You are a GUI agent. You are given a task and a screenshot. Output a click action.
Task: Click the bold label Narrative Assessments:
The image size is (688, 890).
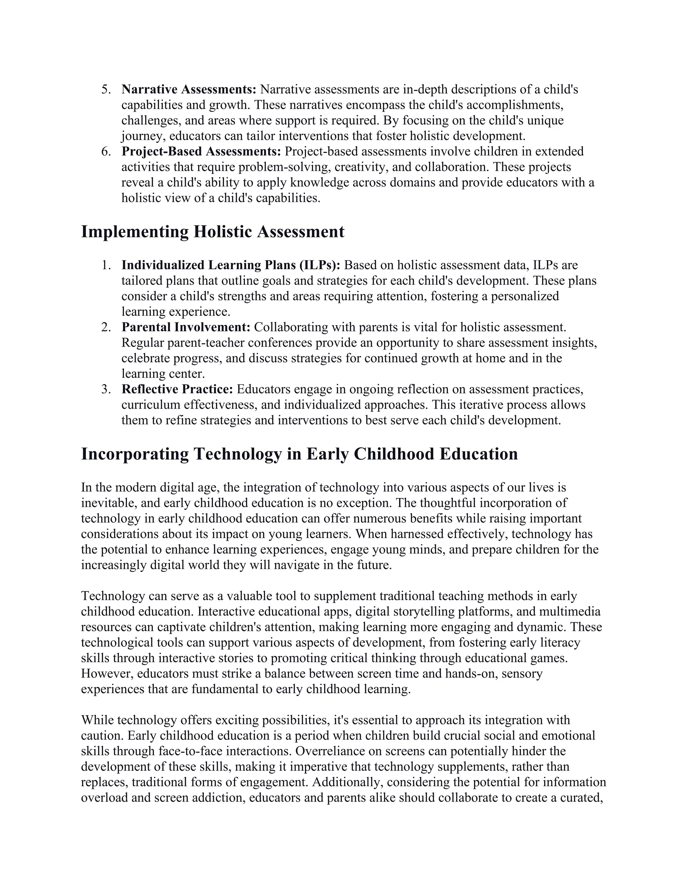click(189, 89)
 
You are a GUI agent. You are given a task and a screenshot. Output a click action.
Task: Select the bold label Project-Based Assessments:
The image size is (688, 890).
click(201, 151)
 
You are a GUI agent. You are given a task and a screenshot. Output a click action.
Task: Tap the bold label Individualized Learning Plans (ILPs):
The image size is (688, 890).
click(231, 265)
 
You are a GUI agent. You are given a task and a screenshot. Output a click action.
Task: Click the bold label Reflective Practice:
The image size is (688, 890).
click(177, 389)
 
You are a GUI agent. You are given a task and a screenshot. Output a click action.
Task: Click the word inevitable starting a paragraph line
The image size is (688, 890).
click(107, 503)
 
